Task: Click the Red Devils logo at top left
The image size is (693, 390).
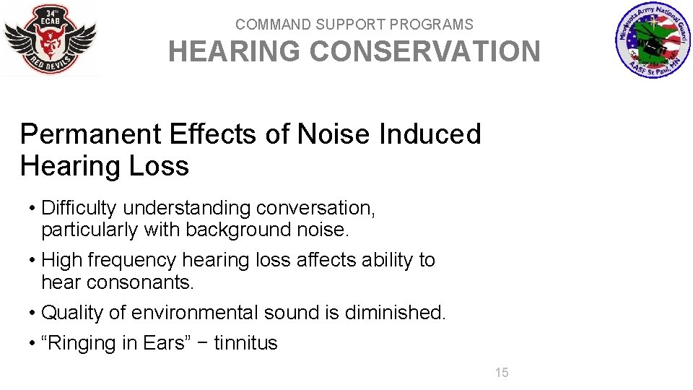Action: tap(50, 39)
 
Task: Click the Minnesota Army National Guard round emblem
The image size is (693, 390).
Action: tap(653, 40)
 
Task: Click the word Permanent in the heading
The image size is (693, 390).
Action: tap(91, 134)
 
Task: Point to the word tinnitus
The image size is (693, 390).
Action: tap(245, 343)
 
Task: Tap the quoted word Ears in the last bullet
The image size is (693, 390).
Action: tap(165, 343)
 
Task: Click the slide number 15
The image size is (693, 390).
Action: tap(502, 373)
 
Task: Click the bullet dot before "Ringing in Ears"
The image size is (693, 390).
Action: tap(32, 344)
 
